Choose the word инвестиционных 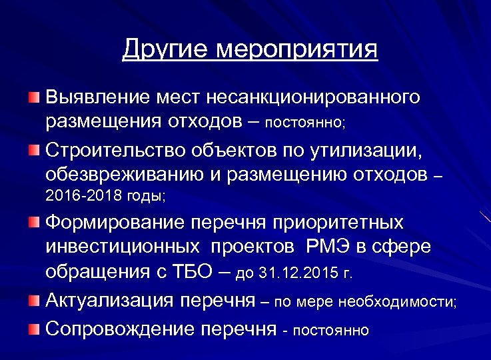point(123,247)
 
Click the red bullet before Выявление point(34,99)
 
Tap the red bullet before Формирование point(34,222)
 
